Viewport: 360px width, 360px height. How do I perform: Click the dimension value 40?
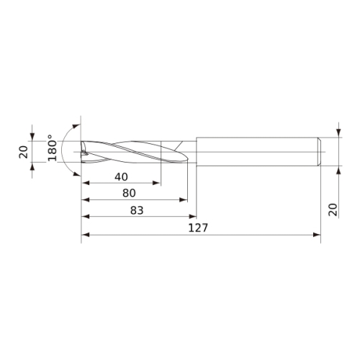click(x=121, y=177)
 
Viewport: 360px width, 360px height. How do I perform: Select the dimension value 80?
click(x=129, y=193)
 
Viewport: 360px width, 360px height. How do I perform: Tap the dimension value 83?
click(x=137, y=210)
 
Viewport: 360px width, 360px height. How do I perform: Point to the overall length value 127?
click(x=198, y=228)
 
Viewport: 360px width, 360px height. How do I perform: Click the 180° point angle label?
click(x=53, y=148)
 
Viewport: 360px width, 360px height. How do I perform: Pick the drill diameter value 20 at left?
click(x=24, y=152)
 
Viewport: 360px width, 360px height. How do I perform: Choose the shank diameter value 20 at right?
click(x=333, y=210)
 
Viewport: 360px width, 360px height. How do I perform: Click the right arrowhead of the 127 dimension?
click(x=317, y=235)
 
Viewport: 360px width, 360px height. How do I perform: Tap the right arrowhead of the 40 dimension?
click(x=156, y=183)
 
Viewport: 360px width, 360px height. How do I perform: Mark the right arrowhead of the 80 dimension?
click(x=184, y=199)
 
